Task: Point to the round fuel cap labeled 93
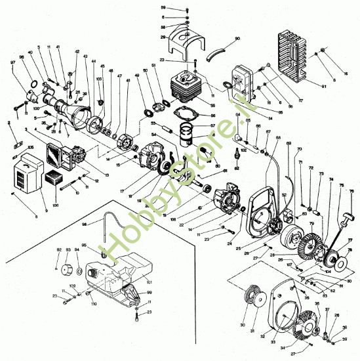pyautogui.click(x=66, y=269)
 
